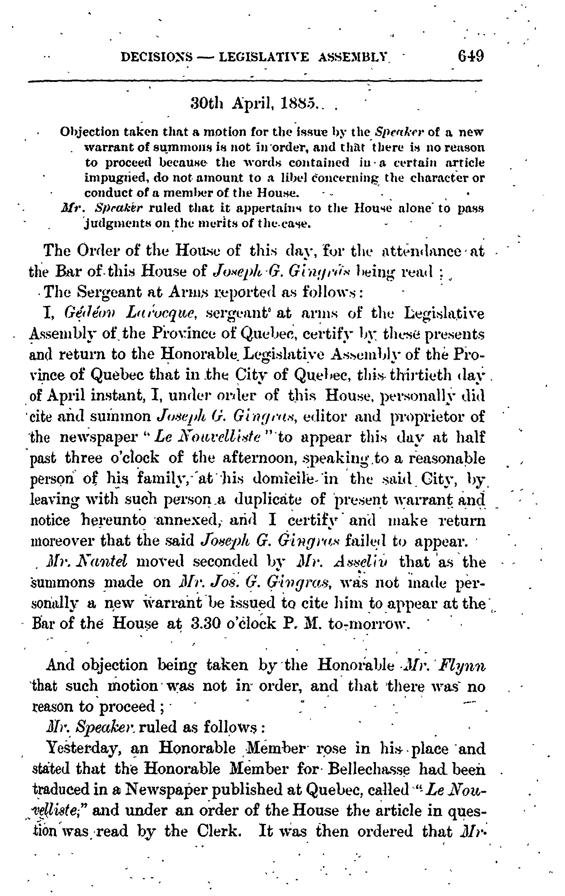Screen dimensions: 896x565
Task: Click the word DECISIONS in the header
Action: pos(157,58)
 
